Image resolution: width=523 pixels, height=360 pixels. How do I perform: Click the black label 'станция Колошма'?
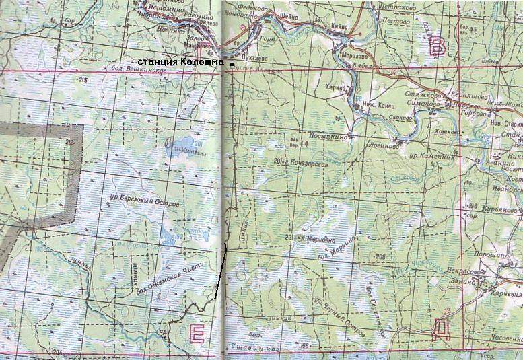[x=184, y=63]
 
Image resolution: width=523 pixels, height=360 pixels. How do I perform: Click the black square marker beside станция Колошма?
[x=232, y=65]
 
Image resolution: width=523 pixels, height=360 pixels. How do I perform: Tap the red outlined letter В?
[x=438, y=46]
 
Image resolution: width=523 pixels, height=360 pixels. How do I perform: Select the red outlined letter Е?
[x=198, y=332]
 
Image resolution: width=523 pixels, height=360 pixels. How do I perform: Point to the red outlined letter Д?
[x=441, y=328]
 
